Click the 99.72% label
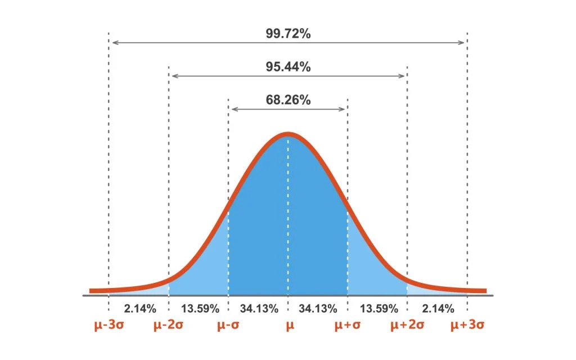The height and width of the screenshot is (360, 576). click(x=288, y=33)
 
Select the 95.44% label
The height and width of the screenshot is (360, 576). click(x=288, y=66)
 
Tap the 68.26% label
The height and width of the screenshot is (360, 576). click(x=288, y=100)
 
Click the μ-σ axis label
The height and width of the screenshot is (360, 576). click(x=228, y=326)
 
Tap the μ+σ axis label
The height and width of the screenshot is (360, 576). click(x=347, y=326)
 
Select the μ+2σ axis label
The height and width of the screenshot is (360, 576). click(x=407, y=326)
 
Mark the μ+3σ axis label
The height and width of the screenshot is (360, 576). click(x=468, y=326)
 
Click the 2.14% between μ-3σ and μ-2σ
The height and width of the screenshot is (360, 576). click(x=139, y=308)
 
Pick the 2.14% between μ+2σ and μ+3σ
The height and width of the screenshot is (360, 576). click(x=437, y=308)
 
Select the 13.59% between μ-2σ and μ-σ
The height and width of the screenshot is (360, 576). click(x=199, y=308)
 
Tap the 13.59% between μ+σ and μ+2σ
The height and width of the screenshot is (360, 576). click(x=377, y=308)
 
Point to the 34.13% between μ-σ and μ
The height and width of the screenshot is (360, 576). click(x=259, y=308)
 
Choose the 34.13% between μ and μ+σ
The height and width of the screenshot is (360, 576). click(x=318, y=308)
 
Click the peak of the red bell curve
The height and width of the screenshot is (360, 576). click(x=288, y=134)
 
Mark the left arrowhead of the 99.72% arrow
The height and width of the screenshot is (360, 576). click(x=113, y=42)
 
